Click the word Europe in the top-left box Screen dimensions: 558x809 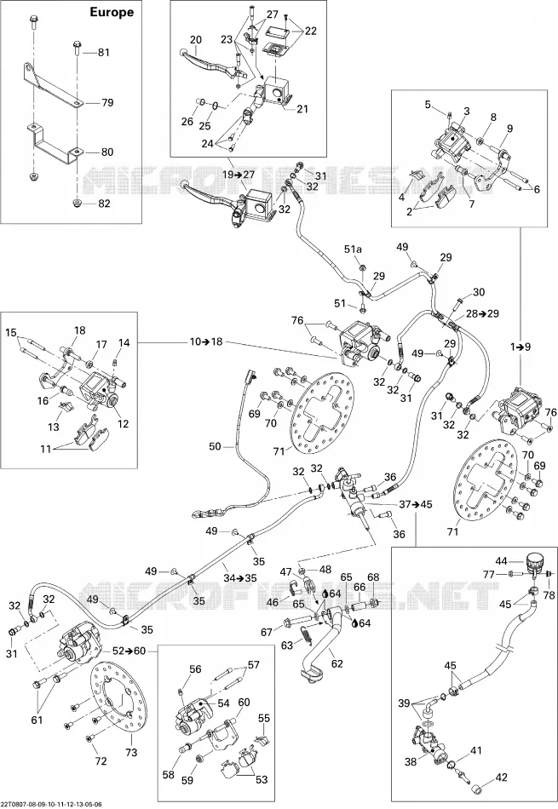112,13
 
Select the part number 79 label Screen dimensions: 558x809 107,103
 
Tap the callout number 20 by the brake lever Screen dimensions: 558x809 196,39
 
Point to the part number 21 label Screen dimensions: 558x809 302,109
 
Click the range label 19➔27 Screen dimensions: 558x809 239,175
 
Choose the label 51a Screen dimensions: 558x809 353,250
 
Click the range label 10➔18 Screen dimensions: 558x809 205,342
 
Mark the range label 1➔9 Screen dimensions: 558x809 521,347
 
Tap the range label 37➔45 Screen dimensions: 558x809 416,503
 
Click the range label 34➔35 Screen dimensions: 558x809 239,578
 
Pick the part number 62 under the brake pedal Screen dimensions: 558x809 337,663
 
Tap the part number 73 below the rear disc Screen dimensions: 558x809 131,753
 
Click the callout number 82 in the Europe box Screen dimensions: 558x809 104,204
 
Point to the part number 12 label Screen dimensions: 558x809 123,424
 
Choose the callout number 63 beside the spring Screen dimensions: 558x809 286,645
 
